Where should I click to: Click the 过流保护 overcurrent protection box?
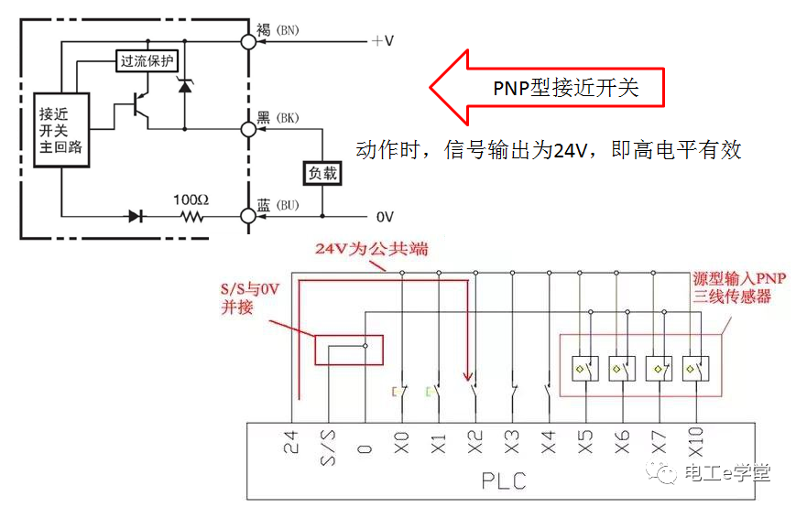point(147,61)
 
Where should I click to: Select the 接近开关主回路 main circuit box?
point(61,129)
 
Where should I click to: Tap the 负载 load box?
point(322,172)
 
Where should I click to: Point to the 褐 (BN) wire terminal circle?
point(247,41)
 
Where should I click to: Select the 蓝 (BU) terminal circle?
point(247,217)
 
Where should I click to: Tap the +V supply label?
point(382,41)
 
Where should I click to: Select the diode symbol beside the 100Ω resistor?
point(136,217)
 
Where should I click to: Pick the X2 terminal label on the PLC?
point(474,444)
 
